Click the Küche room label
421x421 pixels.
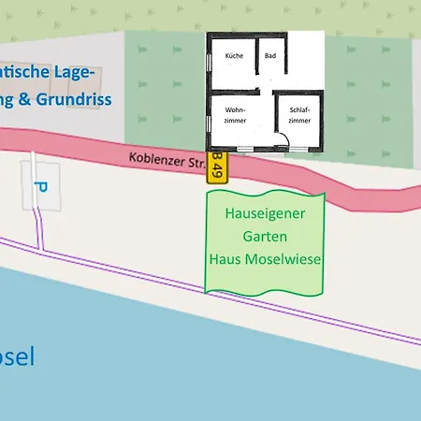pos(234,57)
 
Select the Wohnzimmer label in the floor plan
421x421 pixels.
pos(235,116)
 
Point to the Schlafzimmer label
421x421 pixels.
pos(299,116)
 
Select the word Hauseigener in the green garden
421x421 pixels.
pos(265,212)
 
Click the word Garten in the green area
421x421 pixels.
pos(265,236)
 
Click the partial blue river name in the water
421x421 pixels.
pos(17,356)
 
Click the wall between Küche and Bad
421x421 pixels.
pos(255,61)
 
